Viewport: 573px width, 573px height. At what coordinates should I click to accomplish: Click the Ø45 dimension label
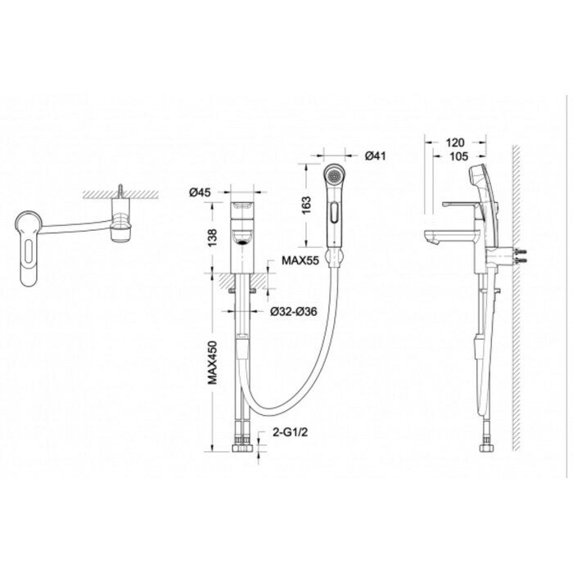[201, 192]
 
